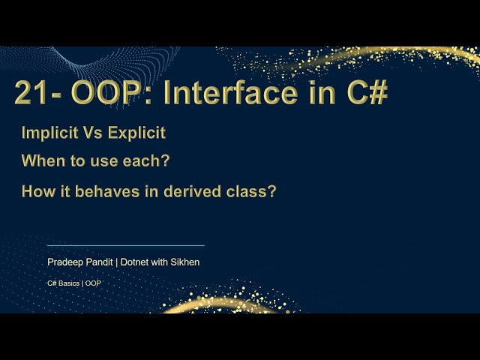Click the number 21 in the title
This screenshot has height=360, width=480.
click(x=32, y=93)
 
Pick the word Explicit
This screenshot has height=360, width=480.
click(x=136, y=133)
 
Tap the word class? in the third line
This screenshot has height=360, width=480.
click(x=253, y=191)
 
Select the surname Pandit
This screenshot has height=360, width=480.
click(x=98, y=262)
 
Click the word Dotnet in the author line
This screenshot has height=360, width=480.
click(x=135, y=262)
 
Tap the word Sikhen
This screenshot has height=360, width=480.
click(x=184, y=262)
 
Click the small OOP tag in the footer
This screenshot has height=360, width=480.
click(x=93, y=283)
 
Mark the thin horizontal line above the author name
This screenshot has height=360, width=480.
click(x=125, y=245)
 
